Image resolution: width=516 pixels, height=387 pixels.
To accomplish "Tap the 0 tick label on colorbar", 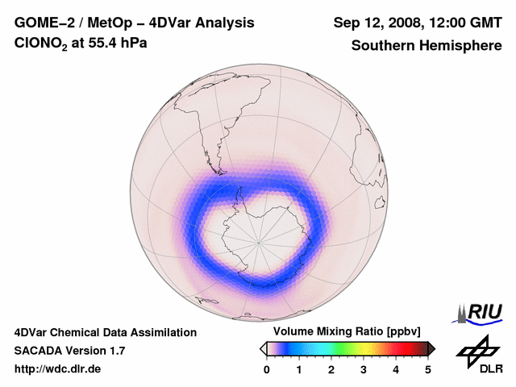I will [x=267, y=369].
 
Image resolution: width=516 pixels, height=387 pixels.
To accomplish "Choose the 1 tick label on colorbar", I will [x=299, y=369].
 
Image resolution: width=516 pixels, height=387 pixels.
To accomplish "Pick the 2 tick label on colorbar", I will [x=331, y=369].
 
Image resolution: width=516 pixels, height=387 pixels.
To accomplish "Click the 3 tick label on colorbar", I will [x=364, y=369].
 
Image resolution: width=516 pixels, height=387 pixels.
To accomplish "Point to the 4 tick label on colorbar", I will [x=396, y=369].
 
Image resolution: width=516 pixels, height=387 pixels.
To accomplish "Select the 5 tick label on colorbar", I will [x=428, y=369].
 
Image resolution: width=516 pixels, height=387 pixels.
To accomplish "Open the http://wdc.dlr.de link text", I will [x=58, y=369].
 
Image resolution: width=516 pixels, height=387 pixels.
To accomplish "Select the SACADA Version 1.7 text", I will [x=69, y=351].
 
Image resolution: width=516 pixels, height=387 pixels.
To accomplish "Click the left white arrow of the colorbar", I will [x=263, y=348].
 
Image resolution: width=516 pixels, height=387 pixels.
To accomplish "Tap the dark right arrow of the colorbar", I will [x=431, y=348].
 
